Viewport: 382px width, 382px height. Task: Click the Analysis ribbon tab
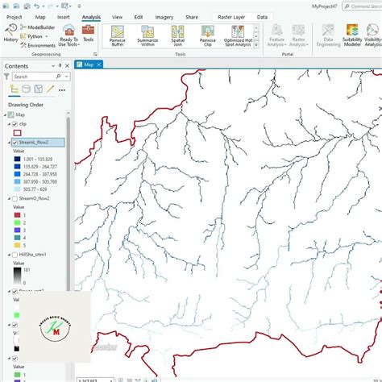91,16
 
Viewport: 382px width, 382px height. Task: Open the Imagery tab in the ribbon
164,16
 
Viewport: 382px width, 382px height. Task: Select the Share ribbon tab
191,16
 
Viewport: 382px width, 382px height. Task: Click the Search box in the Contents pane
36,78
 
